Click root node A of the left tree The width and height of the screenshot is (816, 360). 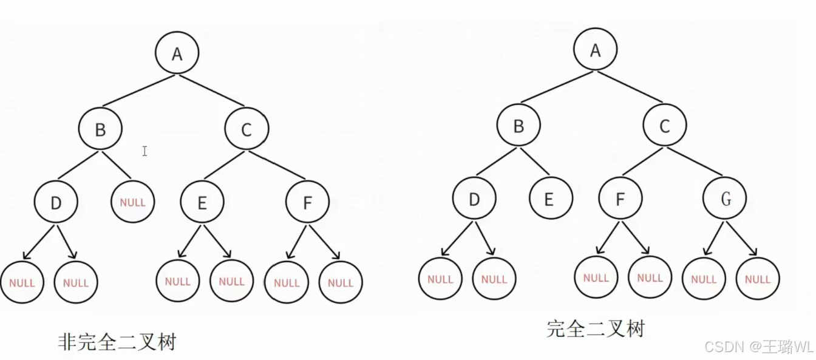click(177, 53)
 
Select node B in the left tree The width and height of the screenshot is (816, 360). click(100, 129)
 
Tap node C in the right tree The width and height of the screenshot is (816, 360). click(665, 126)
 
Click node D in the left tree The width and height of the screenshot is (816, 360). click(56, 202)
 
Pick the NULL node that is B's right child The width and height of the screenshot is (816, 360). click(133, 202)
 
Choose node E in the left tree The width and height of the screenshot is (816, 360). click(202, 203)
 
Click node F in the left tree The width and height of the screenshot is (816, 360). click(307, 202)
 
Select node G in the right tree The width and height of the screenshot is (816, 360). click(725, 199)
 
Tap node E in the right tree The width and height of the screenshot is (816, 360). click(550, 199)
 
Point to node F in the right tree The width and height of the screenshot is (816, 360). click(620, 199)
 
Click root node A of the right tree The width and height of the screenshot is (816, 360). click(596, 50)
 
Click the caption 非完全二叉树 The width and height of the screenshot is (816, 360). click(117, 342)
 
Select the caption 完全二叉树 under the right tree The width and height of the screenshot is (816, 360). click(595, 328)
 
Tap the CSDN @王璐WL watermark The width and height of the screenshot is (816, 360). click(759, 346)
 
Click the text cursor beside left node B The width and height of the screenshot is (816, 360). click(144, 151)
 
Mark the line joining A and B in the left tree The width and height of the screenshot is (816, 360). click(138, 91)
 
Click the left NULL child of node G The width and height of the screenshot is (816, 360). click(704, 279)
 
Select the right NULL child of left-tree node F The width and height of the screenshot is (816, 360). click(341, 282)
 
